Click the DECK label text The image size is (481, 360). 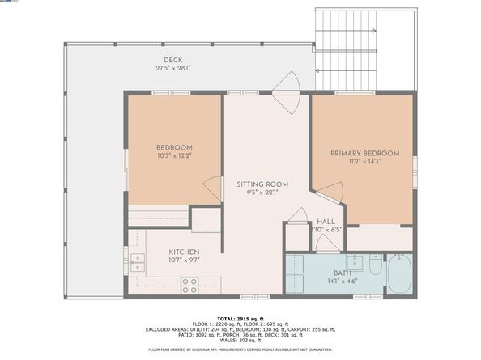click(172, 60)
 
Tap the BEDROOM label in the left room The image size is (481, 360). click(172, 147)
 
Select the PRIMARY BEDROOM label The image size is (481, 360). click(364, 153)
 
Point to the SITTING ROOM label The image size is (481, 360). click(262, 184)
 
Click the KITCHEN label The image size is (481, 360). click(184, 252)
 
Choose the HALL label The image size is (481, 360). click(326, 221)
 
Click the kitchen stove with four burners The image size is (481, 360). click(189, 285)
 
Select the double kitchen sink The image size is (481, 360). click(136, 262)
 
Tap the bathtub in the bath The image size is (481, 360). click(399, 274)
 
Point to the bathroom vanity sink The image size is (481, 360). click(354, 262)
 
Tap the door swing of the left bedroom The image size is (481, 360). click(212, 188)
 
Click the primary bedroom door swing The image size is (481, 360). click(330, 193)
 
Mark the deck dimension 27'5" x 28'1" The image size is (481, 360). click(172, 68)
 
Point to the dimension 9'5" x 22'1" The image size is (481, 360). click(262, 193)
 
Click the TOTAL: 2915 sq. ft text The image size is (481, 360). click(240, 320)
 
